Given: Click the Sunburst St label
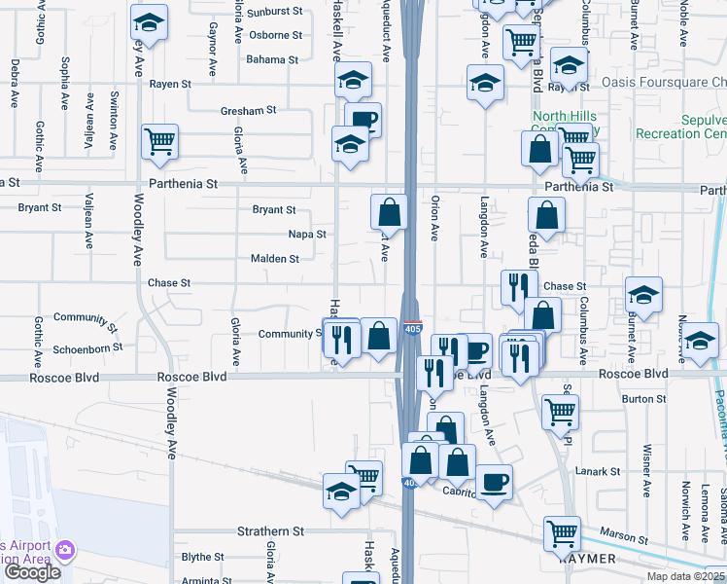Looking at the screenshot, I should coord(275,12).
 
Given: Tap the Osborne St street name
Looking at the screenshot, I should coord(275,35).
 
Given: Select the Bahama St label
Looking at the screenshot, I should coord(272,59).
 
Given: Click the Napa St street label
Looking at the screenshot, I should coord(307,235).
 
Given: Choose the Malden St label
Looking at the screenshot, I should coord(275,259).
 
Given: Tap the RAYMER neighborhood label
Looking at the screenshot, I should coord(587,559).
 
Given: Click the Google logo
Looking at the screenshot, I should coord(32,572).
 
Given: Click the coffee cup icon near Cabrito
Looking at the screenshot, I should coord(494,481).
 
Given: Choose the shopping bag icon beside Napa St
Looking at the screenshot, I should coord(389,210).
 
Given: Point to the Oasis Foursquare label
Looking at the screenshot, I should coord(663,83).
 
